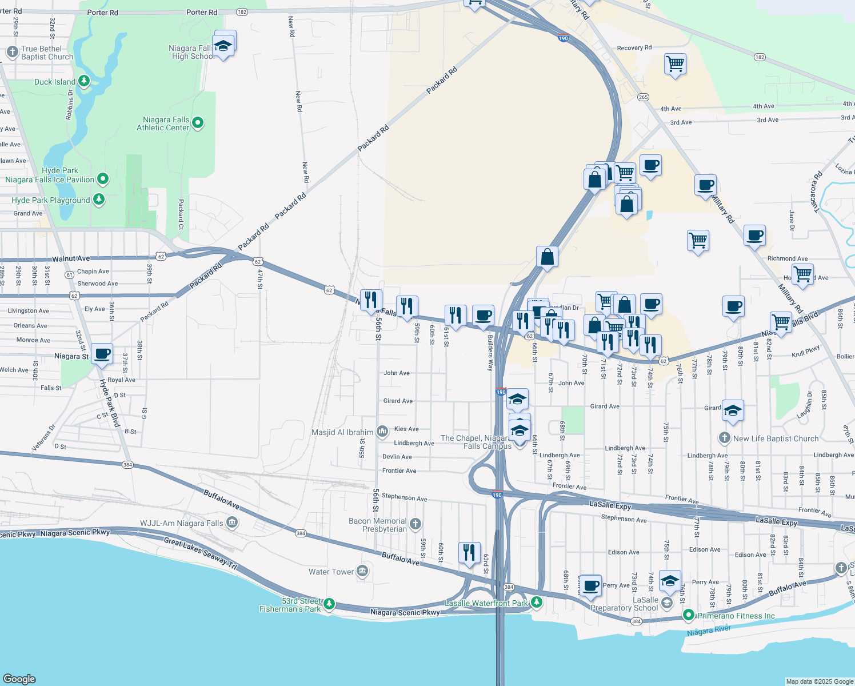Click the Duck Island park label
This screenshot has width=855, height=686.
tap(55, 82)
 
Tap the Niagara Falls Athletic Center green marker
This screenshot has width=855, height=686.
tap(198, 123)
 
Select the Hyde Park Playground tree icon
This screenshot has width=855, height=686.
tap(99, 200)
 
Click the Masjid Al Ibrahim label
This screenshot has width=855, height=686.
tap(342, 432)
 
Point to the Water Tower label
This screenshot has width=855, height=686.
tap(331, 572)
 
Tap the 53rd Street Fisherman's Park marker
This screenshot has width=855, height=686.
tap(329, 604)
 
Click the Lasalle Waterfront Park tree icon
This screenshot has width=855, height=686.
tap(536, 602)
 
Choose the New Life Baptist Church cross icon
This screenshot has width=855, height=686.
tap(724, 438)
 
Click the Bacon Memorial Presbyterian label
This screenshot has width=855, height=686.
tap(378, 525)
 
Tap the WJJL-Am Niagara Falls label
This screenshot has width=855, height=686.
tap(182, 523)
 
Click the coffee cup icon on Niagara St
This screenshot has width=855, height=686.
tap(102, 354)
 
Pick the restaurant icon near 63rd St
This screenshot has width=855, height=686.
tap(469, 552)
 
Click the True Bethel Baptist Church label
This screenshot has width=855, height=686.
tap(47, 53)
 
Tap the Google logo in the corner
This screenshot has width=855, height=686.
tap(19, 679)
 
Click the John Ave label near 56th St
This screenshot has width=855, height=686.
tap(397, 373)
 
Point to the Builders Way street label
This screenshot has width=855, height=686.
tap(490, 353)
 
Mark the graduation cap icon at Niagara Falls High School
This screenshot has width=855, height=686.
tap(223, 45)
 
